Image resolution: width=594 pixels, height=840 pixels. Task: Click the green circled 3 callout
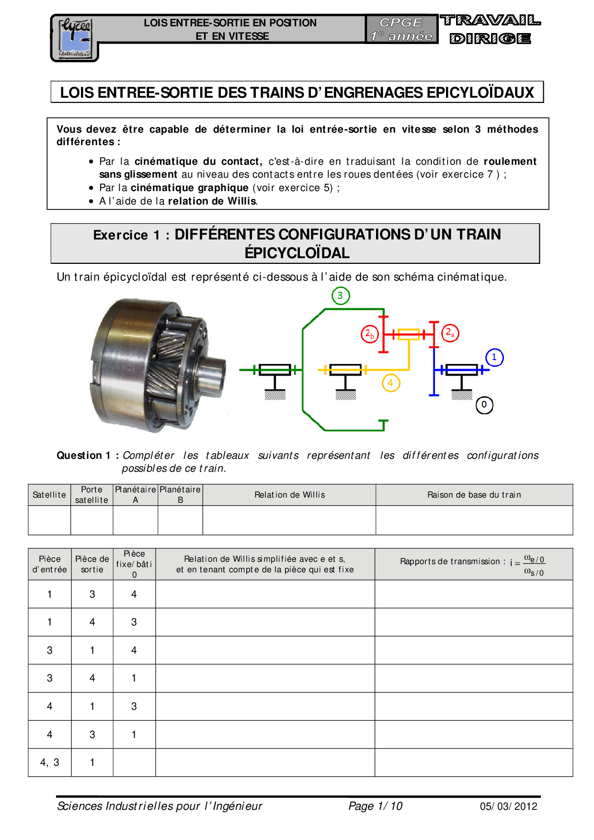click(340, 295)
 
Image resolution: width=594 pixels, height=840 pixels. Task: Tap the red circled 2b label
click(370, 334)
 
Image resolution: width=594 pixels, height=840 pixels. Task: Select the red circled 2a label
click(450, 333)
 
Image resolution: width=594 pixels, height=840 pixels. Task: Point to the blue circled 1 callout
click(494, 357)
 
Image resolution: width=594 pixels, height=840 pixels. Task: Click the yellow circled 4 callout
click(391, 383)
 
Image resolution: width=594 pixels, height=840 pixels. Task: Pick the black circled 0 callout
click(484, 405)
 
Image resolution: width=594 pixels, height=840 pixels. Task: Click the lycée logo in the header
click(75, 38)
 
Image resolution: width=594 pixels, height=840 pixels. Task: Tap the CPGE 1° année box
click(401, 29)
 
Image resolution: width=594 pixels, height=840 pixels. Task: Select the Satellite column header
click(49, 495)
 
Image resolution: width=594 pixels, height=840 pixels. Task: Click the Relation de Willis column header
click(289, 495)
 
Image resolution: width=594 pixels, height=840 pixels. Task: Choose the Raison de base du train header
click(474, 495)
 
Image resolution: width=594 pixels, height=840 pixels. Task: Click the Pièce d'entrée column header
click(50, 564)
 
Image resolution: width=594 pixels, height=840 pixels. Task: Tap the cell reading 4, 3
click(50, 762)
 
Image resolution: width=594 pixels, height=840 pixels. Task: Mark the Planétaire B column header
click(181, 495)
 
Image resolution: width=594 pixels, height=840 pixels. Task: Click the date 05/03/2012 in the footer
click(509, 806)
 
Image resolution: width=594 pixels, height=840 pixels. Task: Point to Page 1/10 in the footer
click(376, 806)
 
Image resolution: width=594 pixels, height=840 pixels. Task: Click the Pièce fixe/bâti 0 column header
click(134, 564)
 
